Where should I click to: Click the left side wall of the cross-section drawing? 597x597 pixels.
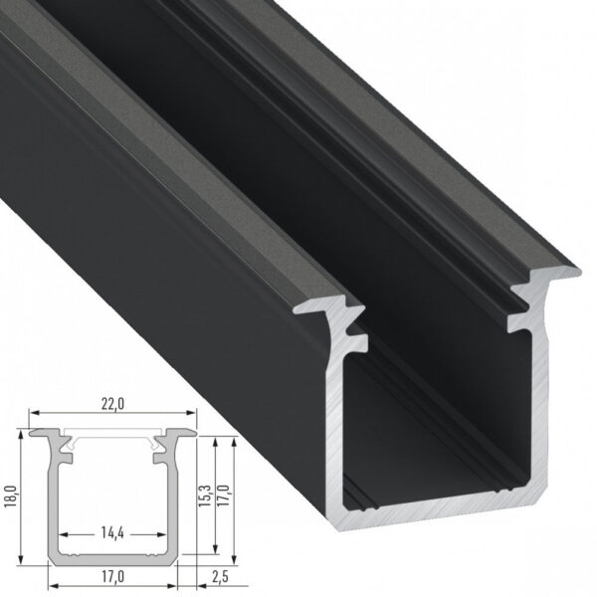coord(52,497)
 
